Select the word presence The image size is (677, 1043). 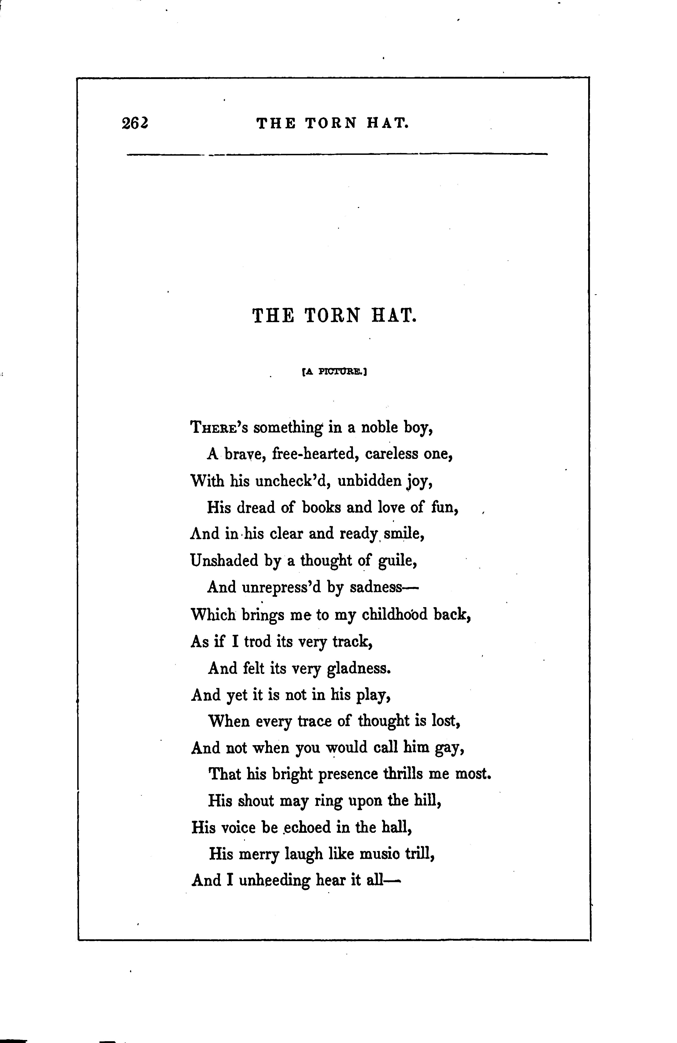point(348,774)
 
